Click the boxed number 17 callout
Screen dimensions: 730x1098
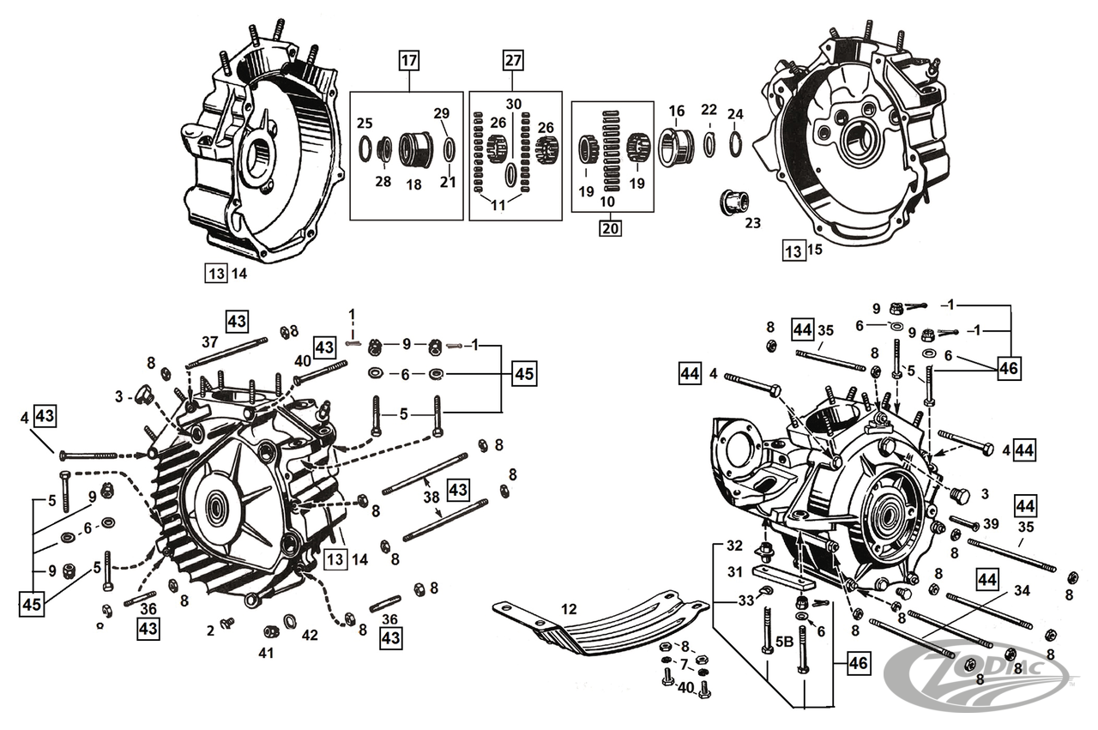408,61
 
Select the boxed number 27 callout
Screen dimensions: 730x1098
512,61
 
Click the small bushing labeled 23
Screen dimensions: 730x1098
732,203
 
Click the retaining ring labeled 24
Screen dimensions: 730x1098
736,143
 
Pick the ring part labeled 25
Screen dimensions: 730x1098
365,148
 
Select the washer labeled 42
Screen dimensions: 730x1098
291,620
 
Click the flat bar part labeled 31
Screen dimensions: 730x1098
781,575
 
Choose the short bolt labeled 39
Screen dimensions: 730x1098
964,522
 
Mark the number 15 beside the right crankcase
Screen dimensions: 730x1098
815,250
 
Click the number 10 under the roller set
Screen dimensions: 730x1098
610,202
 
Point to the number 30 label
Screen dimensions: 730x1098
513,104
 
